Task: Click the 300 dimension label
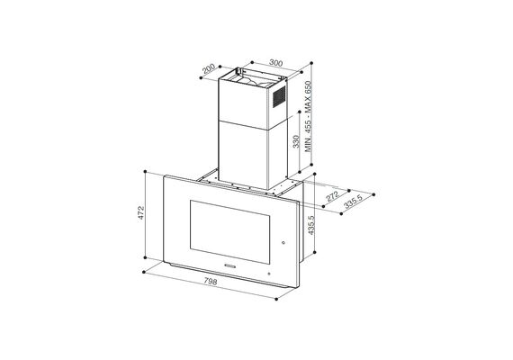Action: click(x=275, y=62)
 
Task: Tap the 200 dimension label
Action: click(x=209, y=69)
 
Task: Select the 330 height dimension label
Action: click(x=296, y=141)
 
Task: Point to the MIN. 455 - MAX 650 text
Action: click(x=309, y=116)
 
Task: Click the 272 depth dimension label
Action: click(x=333, y=197)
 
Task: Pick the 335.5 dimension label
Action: click(x=354, y=202)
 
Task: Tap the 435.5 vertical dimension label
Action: click(x=311, y=225)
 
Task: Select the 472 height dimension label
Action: click(x=140, y=212)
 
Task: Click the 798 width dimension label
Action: click(x=211, y=282)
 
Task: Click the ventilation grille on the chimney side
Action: click(x=279, y=96)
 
